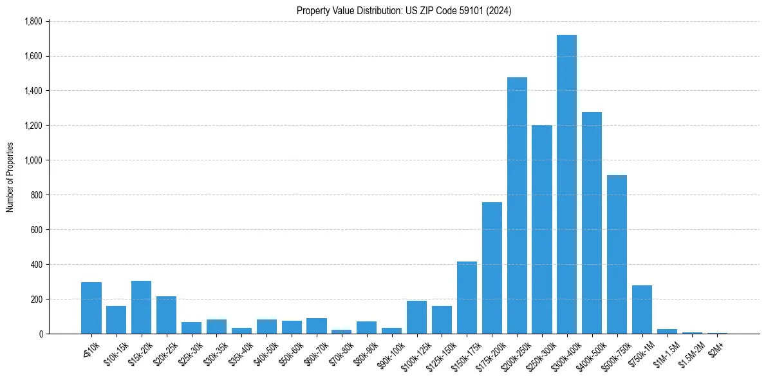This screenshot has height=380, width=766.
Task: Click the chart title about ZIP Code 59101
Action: tap(404, 11)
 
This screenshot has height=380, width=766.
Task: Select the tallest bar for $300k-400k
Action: tap(566, 184)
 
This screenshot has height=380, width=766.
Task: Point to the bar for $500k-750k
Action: tap(617, 254)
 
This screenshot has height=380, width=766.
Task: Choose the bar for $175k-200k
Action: tap(492, 268)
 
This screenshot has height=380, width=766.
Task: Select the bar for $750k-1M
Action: tap(642, 310)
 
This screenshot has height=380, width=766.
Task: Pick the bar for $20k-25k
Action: tap(166, 315)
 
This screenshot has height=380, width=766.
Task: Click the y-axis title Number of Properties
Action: tap(10, 177)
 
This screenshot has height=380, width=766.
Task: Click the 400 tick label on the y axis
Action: tap(36, 265)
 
